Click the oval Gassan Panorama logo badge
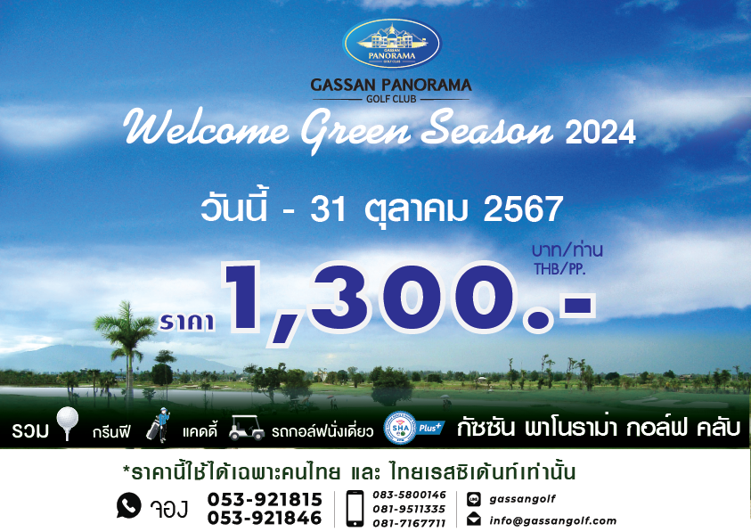coord(392,44)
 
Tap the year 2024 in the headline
coord(600,132)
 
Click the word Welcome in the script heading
coord(206,128)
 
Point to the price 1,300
coord(409,301)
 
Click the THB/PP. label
coord(559,269)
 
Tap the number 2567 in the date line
coord(523,209)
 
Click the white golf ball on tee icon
coord(67,423)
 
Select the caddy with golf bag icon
coord(159,425)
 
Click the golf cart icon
coord(246,428)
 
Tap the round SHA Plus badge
coord(400,428)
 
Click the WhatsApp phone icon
coord(129,505)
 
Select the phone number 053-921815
coord(265,499)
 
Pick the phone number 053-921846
coord(265,518)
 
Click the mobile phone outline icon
coord(355,509)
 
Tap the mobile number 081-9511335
coord(409,509)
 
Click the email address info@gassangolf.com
coord(552,520)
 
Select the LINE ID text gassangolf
coord(522,499)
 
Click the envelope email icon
coord(474,519)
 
